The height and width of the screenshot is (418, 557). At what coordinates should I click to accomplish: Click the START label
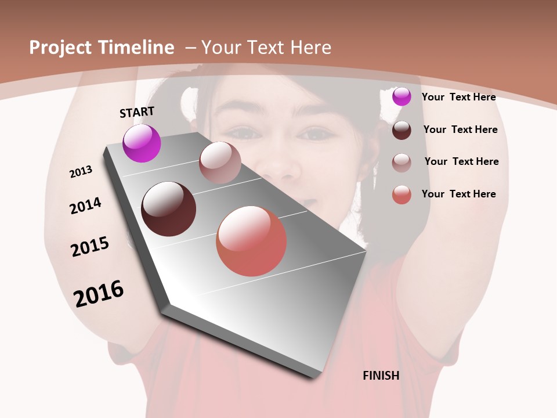137,112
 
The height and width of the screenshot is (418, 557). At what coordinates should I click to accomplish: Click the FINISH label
381,376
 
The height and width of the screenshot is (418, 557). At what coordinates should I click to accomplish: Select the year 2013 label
81,171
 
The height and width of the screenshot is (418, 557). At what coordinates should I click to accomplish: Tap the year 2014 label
86,206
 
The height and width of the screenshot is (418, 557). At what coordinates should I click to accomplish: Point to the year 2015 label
90,247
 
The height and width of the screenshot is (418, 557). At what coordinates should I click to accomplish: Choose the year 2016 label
99,293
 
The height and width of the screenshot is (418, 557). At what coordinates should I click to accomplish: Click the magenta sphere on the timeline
142,143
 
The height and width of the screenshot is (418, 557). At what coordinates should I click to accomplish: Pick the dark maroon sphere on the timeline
168,209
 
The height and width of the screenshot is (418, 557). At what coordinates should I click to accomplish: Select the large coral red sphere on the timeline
251,241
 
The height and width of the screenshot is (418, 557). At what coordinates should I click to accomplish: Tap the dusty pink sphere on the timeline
220,163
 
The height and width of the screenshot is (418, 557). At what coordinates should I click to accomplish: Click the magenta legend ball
402,97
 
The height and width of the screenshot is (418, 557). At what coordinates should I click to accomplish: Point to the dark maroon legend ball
402,130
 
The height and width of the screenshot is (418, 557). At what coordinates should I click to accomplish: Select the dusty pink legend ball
402,163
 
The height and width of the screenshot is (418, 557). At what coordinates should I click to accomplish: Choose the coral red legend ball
402,194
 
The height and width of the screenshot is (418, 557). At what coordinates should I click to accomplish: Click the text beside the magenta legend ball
458,97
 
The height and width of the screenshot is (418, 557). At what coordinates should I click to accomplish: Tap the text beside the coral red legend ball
458,194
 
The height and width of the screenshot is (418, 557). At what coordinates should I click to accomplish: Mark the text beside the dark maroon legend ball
460,129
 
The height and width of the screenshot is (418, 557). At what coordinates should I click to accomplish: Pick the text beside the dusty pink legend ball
461,161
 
